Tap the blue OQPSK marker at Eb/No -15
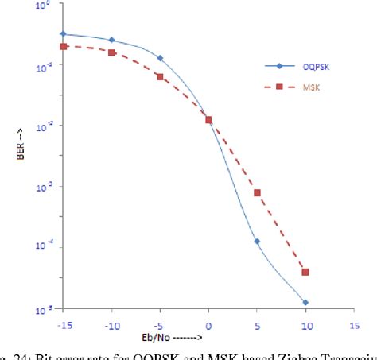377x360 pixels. click(x=64, y=34)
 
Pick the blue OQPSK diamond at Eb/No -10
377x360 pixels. click(x=112, y=40)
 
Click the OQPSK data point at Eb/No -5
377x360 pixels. click(x=160, y=58)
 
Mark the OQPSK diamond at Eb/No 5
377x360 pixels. click(x=257, y=242)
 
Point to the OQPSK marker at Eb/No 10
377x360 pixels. click(x=305, y=303)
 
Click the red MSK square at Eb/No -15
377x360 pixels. click(x=64, y=46)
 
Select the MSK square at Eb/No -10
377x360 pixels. click(x=112, y=52)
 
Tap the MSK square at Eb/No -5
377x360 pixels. click(x=160, y=77)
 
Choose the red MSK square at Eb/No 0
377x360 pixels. click(x=208, y=120)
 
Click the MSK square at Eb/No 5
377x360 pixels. click(x=257, y=192)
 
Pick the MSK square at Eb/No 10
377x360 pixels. click(x=305, y=272)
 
